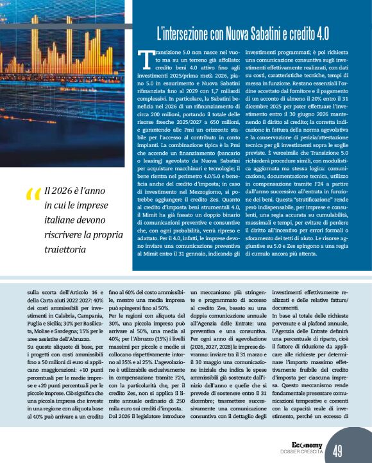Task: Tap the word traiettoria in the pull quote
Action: pos(64,247)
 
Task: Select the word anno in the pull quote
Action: pos(101,191)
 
